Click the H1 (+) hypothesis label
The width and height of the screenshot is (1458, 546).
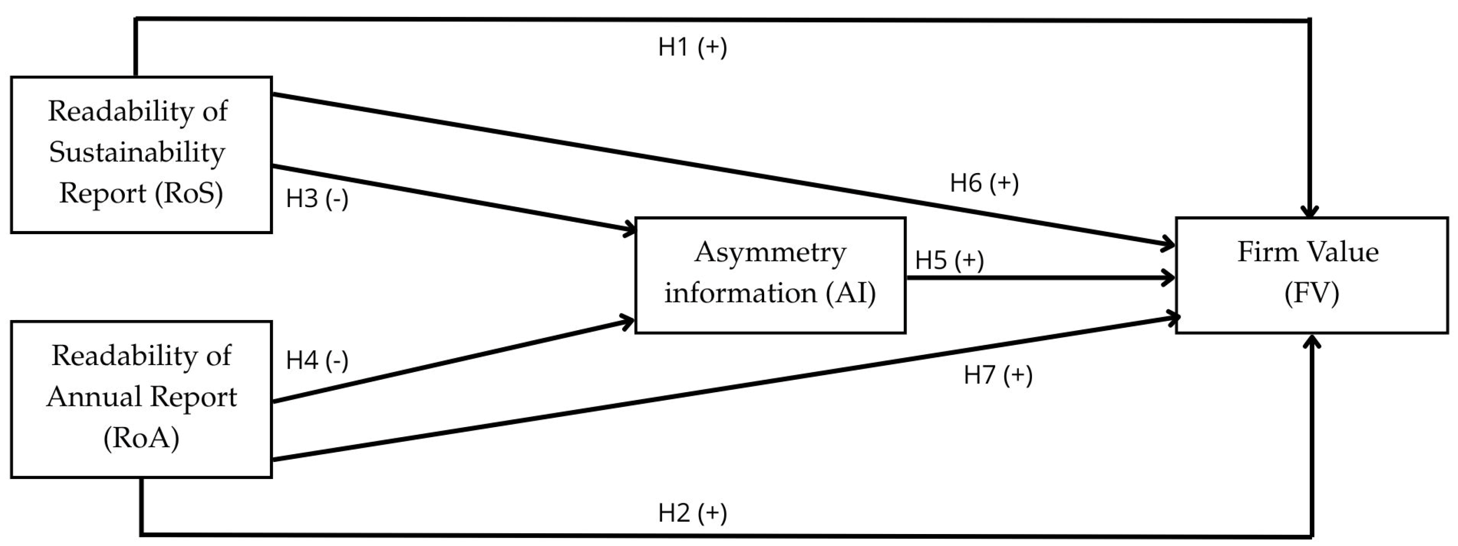point(692,47)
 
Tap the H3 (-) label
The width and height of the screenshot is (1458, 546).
point(316,198)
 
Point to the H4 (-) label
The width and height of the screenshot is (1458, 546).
point(316,360)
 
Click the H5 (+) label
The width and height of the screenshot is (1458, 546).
point(949,260)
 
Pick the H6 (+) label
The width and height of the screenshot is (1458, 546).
point(984,183)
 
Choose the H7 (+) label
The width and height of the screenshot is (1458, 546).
point(997,375)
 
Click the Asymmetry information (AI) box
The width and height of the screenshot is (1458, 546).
point(770,276)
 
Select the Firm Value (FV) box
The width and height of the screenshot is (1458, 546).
point(1312,276)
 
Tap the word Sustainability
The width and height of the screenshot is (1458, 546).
point(137,152)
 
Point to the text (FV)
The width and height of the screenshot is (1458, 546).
point(1312,293)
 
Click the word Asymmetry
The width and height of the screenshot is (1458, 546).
point(770,253)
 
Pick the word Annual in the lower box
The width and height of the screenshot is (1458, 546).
point(93,397)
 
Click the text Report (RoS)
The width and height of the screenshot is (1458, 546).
point(141,193)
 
